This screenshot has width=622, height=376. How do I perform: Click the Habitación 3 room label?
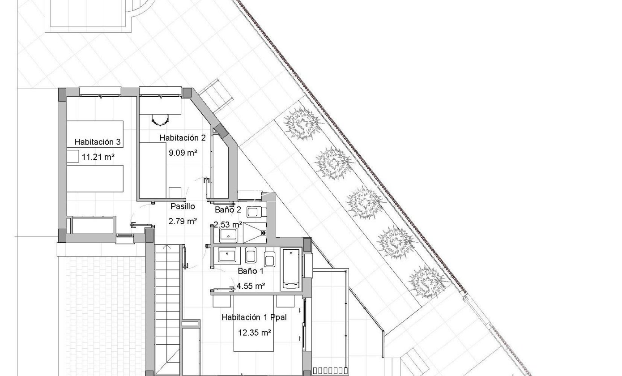pyautogui.click(x=98, y=142)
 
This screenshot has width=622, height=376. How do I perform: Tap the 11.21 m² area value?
pyautogui.click(x=98, y=157)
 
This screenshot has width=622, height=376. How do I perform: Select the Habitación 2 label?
pyautogui.click(x=183, y=138)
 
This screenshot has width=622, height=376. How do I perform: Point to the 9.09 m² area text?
pyautogui.click(x=183, y=153)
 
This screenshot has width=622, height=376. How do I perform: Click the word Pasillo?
pyautogui.click(x=183, y=206)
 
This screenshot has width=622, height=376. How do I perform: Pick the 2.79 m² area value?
pyautogui.click(x=183, y=221)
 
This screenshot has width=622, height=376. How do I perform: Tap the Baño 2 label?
pyautogui.click(x=228, y=209)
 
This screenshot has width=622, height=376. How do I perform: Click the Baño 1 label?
pyautogui.click(x=251, y=271)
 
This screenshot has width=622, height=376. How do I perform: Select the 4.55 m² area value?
pyautogui.click(x=251, y=286)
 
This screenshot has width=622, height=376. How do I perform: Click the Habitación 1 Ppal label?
pyautogui.click(x=254, y=317)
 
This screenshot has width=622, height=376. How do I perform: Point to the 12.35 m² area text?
pyautogui.click(x=255, y=333)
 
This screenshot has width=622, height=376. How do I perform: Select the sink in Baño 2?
pyautogui.click(x=228, y=235)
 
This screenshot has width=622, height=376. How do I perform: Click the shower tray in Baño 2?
pyautogui.click(x=255, y=233)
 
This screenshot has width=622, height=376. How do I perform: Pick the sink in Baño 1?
pyautogui.click(x=227, y=255)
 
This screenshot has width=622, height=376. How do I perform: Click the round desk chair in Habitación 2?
pyautogui.click(x=160, y=120)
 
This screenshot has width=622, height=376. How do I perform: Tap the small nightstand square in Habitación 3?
pyautogui.click(x=73, y=156)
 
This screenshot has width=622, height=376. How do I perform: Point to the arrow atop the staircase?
pyautogui.click(x=167, y=247)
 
